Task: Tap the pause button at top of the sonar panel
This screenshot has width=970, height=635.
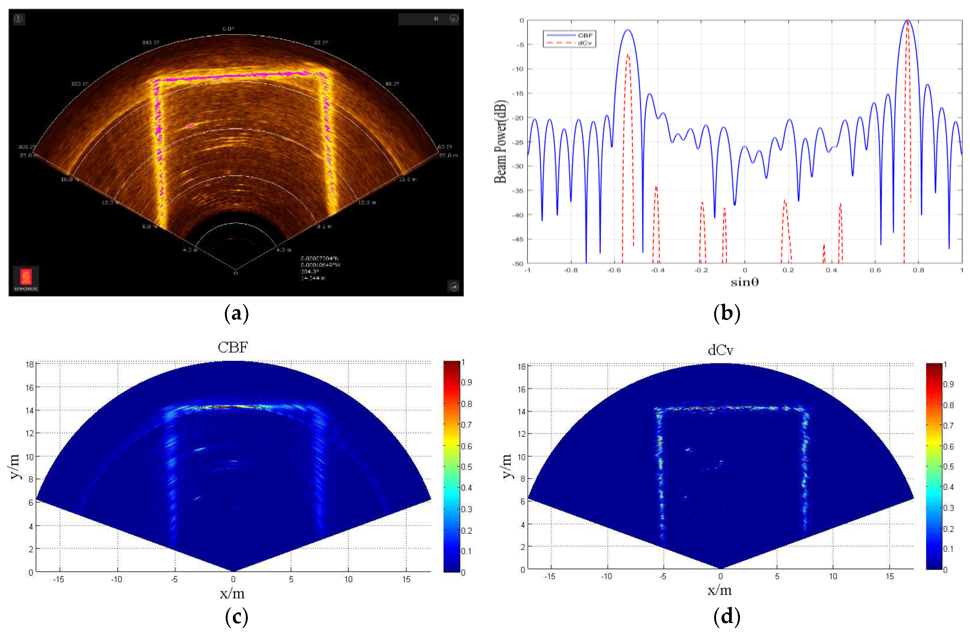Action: pyautogui.click(x=436, y=19)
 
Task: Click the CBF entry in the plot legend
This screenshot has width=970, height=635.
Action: pyautogui.click(x=585, y=35)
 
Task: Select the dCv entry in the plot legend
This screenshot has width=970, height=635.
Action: pyautogui.click(x=585, y=43)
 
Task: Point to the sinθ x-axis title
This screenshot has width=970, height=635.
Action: pyautogui.click(x=744, y=282)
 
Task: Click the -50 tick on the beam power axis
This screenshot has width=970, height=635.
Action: pyautogui.click(x=519, y=264)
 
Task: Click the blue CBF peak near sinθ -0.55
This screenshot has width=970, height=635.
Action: pyautogui.click(x=628, y=30)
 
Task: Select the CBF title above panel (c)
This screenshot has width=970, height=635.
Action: pyautogui.click(x=233, y=347)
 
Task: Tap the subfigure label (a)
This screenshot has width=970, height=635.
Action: pyautogui.click(x=236, y=314)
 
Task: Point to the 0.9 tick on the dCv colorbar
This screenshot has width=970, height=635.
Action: pyautogui.click(x=948, y=384)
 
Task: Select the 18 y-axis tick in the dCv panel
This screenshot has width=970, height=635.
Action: pyautogui.click(x=522, y=367)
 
